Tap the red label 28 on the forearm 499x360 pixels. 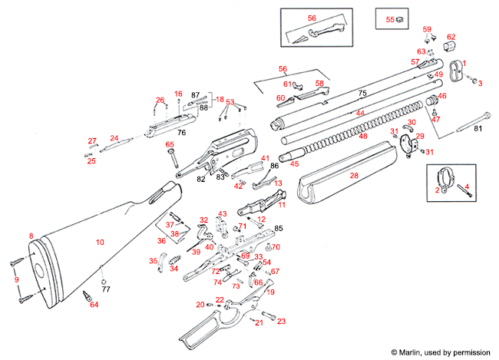[x=354, y=176]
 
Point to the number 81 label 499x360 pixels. [x=477, y=128]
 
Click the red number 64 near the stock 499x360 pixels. [x=94, y=306]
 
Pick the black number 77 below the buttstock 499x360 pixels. [x=106, y=290]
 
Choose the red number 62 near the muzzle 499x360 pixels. [x=451, y=37]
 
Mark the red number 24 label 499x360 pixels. [x=114, y=138]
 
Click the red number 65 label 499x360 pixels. [x=170, y=144]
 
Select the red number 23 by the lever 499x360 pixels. [x=281, y=321]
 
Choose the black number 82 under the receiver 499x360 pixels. [x=201, y=179]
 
